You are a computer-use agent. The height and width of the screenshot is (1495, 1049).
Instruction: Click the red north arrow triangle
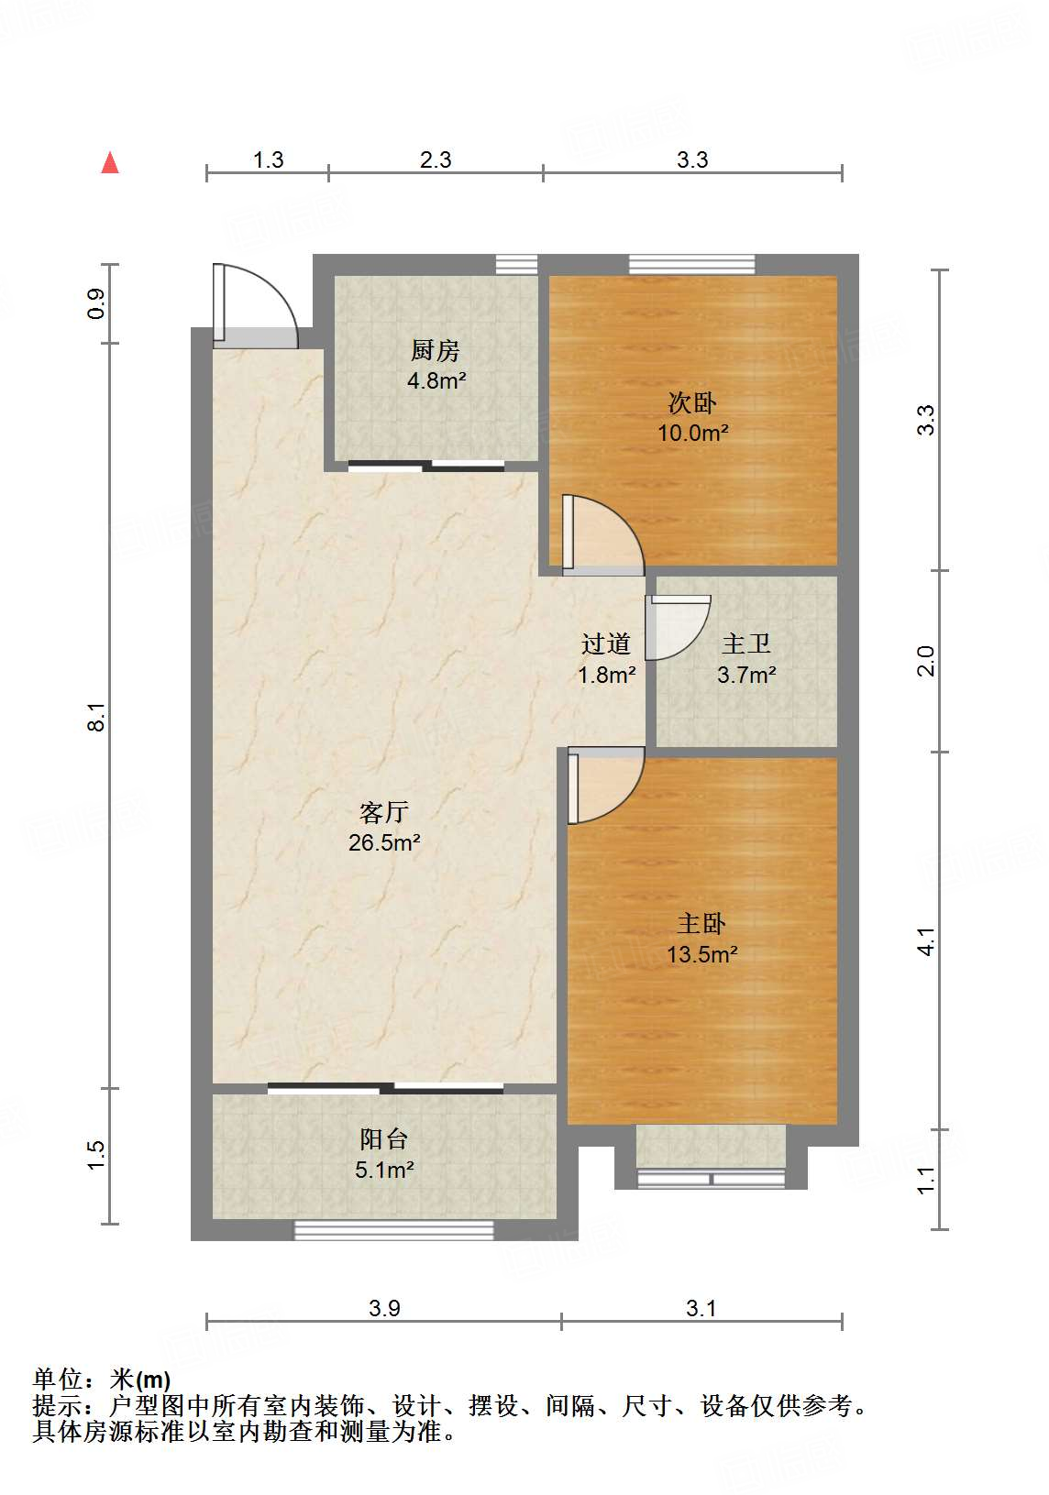point(110,163)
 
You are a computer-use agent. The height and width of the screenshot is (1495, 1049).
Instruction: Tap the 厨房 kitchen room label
point(436,350)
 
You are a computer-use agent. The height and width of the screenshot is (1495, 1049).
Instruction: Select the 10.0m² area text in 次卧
point(692,433)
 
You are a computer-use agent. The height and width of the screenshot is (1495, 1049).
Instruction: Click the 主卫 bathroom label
point(745,644)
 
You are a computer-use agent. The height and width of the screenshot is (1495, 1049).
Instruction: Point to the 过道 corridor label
point(606,644)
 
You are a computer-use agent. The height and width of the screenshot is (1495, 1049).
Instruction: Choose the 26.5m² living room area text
point(384,842)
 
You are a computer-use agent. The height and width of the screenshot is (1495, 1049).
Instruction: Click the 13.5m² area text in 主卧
point(701,955)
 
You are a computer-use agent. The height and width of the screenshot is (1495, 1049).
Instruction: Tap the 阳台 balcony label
point(383,1139)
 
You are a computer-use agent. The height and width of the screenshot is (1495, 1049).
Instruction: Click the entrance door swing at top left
point(256,306)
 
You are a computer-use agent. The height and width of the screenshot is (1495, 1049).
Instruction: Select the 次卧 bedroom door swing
point(601,535)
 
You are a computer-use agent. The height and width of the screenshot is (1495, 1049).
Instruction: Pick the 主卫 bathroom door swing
point(677,627)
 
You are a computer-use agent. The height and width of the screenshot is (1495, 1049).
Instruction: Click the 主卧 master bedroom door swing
point(602,785)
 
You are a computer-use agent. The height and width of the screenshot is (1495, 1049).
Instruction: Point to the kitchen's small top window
point(516,264)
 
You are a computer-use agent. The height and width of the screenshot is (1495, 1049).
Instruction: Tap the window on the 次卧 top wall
point(692,264)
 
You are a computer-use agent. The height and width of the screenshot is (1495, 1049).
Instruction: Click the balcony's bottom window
point(393,1230)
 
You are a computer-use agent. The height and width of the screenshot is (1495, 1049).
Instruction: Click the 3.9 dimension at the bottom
point(384,1308)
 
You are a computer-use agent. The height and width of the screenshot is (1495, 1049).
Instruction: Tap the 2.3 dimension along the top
point(436,159)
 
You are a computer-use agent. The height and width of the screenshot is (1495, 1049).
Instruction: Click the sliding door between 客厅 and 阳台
point(386,1089)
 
